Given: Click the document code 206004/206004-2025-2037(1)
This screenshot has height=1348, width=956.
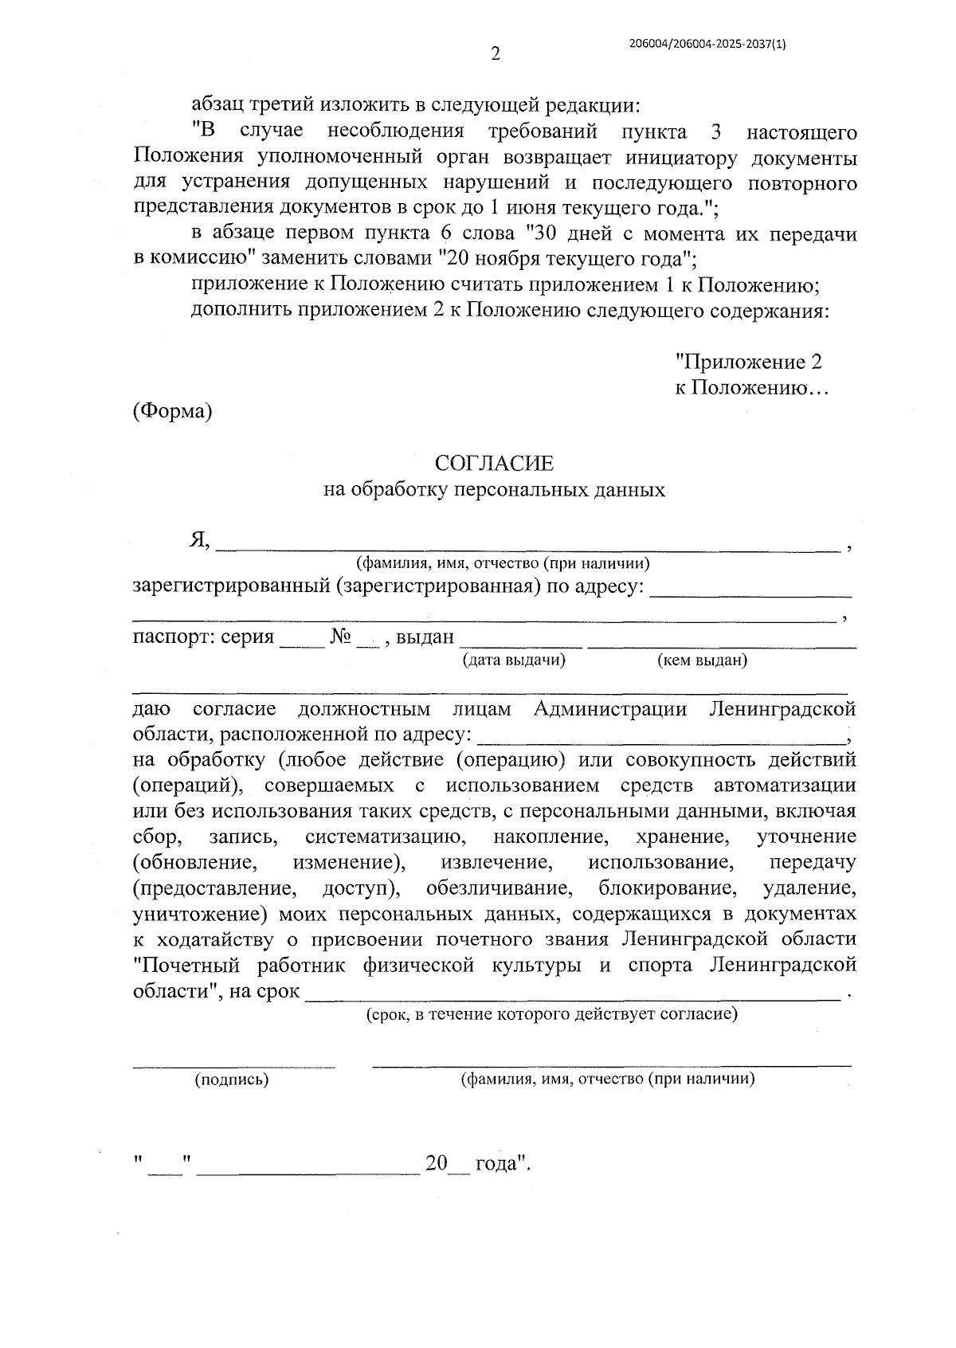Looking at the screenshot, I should point(707,45).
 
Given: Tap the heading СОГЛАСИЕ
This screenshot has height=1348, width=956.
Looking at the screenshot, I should point(494,464).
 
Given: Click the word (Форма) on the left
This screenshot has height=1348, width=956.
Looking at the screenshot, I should point(172,412).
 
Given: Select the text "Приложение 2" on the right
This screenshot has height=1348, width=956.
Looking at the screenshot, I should point(749,362).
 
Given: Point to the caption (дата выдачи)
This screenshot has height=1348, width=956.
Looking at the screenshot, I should point(514,660).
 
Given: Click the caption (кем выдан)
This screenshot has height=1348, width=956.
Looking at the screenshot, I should point(702,660).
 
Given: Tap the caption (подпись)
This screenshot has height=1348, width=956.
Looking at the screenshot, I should point(232,1080).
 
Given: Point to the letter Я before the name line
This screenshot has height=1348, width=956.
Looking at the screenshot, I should point(198,541).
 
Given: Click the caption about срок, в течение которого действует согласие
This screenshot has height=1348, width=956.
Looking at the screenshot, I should point(551,1014).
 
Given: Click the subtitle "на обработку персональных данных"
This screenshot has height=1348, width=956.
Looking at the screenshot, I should point(494,490).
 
